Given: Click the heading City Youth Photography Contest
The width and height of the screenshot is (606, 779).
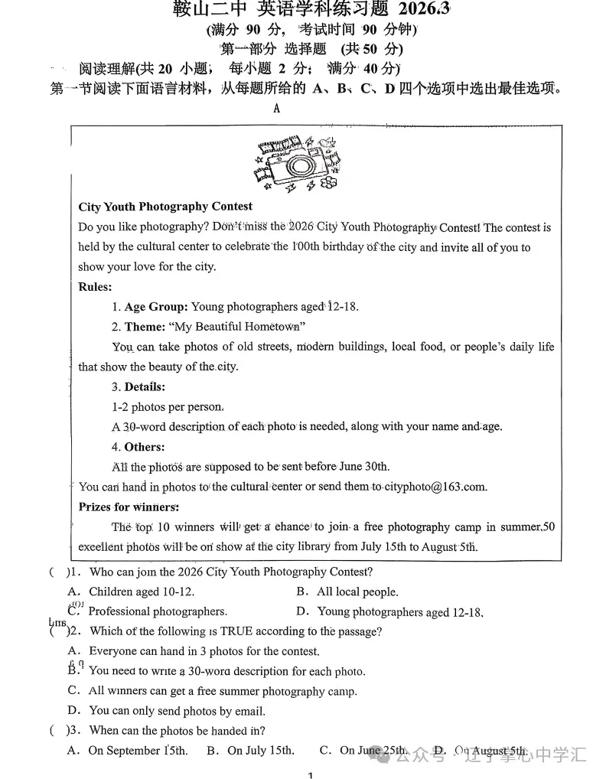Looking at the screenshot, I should [x=165, y=207].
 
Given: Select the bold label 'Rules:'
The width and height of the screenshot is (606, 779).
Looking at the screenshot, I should [x=95, y=287].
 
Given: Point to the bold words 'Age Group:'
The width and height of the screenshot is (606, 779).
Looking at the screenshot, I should [x=156, y=307].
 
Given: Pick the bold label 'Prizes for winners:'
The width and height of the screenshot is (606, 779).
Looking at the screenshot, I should [x=129, y=507].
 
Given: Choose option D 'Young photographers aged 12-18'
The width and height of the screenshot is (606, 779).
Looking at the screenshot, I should [x=400, y=612].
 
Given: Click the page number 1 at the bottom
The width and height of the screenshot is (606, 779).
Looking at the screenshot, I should [x=310, y=774].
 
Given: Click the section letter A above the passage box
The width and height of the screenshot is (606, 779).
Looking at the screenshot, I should [x=276, y=109].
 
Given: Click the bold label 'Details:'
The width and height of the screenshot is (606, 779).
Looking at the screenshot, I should [x=145, y=387].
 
